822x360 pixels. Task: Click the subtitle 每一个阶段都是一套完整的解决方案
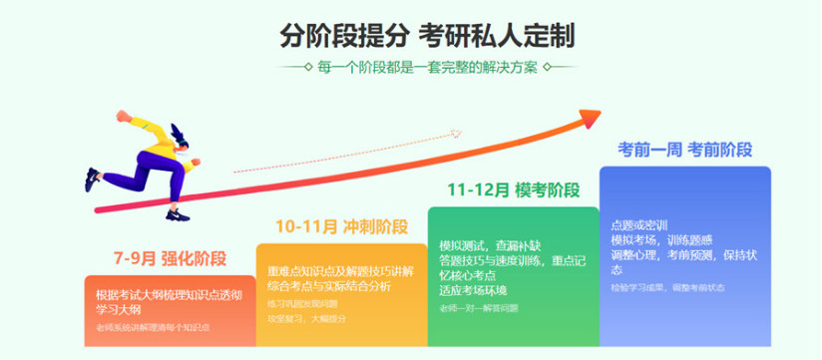[x=428, y=68]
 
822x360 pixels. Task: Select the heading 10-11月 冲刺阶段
[x=329, y=226]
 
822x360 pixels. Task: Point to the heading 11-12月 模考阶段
[x=513, y=187]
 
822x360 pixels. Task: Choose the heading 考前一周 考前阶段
[x=684, y=150]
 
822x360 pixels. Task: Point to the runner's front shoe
[x=177, y=212]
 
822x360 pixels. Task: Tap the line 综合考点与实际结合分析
[x=324, y=286]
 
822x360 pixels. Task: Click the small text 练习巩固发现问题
[x=299, y=302]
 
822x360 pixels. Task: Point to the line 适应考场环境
[x=473, y=289]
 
